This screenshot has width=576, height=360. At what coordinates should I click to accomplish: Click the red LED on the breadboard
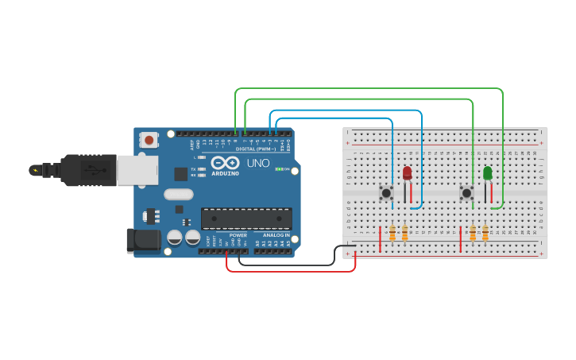click(x=408, y=173)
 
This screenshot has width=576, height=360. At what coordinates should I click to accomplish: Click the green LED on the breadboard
click(x=487, y=173)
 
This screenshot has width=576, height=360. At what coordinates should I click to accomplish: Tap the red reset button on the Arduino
click(x=149, y=141)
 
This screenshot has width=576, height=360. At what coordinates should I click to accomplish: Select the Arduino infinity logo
click(x=225, y=162)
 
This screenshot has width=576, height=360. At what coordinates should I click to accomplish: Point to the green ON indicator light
click(x=279, y=169)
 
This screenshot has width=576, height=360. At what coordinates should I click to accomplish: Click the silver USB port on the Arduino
click(x=137, y=169)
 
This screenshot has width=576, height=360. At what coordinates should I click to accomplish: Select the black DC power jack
click(x=141, y=240)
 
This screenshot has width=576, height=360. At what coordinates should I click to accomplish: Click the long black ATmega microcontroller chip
click(x=246, y=219)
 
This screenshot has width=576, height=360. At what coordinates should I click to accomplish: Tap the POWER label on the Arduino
click(x=238, y=235)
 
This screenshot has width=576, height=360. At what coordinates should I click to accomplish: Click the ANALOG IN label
click(x=276, y=235)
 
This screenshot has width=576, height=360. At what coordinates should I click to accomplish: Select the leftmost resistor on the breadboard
click(x=392, y=233)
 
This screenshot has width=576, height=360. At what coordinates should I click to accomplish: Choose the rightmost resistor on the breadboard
click(x=485, y=233)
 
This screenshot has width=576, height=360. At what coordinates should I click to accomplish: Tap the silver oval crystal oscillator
click(x=178, y=194)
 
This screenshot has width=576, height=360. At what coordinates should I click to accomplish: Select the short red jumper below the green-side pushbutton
click(x=461, y=239)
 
